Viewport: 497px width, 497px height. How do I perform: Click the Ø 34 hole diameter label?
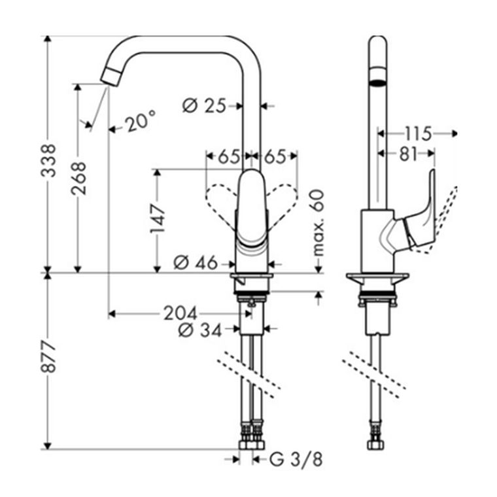pyautogui.click(x=197, y=330)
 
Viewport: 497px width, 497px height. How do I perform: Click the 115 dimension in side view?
pyautogui.click(x=417, y=134)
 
